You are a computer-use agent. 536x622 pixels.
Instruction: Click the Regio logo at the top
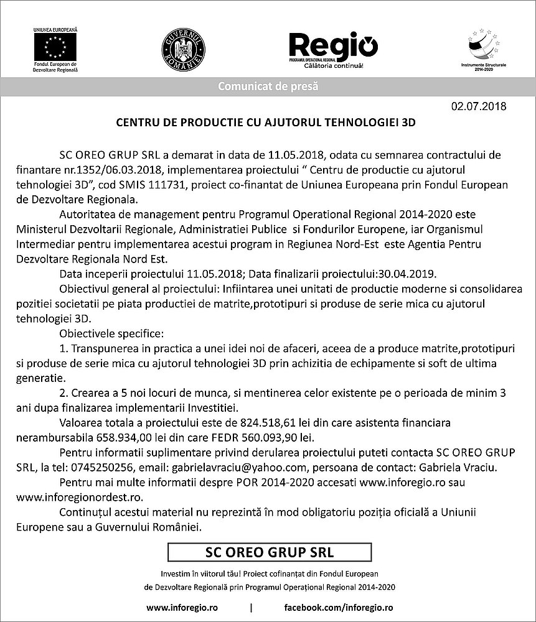(333, 47)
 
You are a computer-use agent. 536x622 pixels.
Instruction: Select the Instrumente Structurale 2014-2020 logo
(484, 47)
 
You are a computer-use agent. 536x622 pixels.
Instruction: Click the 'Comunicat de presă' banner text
(268, 86)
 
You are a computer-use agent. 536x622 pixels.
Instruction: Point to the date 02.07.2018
(479, 106)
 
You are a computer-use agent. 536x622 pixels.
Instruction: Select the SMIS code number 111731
(174, 185)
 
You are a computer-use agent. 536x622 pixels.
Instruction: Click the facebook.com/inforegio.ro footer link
(338, 606)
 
